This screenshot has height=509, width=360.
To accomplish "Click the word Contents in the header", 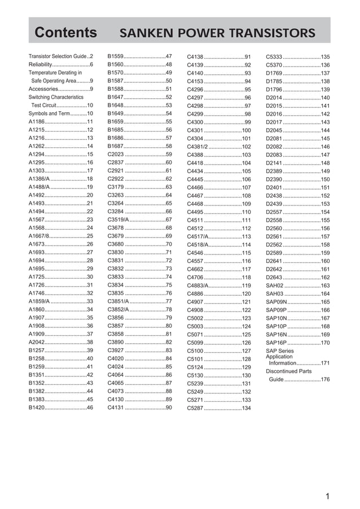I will point(65,33).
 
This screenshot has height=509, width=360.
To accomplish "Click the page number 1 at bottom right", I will point(327,497).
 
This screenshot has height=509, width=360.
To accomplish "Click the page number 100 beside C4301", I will point(246,130).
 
